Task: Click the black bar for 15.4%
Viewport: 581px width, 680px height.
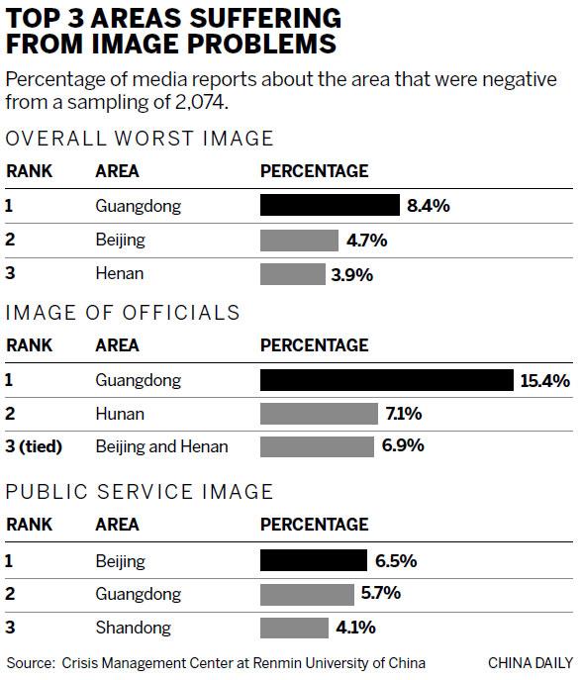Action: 387,381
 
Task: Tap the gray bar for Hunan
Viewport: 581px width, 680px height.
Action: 319,414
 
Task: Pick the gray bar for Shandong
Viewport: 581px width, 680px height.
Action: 294,628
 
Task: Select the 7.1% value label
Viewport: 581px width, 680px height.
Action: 405,414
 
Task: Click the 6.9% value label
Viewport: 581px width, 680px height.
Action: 403,446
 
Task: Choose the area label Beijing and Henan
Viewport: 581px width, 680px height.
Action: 161,446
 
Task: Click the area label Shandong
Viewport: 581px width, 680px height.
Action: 134,628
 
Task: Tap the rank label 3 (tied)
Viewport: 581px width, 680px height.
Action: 34,446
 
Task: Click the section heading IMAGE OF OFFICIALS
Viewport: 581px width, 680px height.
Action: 124,313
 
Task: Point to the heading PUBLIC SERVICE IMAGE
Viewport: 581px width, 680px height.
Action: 140,492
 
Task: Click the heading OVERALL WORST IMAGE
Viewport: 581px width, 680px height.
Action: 140,139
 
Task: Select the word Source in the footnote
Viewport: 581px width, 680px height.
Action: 30,662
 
